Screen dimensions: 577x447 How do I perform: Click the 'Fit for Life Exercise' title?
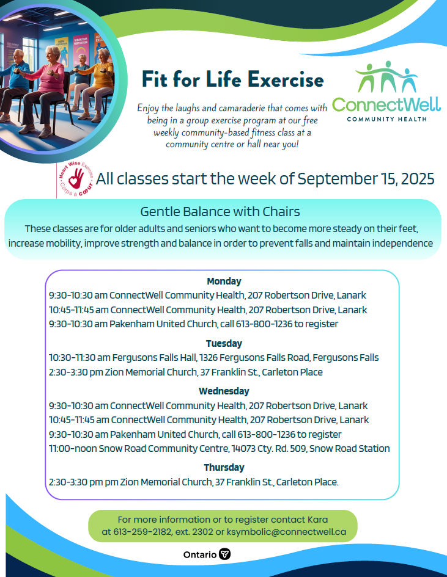232,79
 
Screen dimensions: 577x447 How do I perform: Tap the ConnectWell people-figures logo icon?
386,76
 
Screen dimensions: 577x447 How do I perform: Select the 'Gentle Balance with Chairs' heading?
220,212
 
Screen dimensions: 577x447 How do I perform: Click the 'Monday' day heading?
224,281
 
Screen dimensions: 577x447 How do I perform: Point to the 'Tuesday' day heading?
224,344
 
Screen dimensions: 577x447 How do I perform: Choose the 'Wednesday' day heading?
224,391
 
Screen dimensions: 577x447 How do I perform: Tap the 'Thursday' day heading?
224,468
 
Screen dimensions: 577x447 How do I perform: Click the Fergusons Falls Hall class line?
214,358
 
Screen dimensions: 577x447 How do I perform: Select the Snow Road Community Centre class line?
220,449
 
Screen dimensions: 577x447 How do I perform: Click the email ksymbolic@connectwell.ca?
287,532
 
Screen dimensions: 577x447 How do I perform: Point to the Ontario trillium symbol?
225,554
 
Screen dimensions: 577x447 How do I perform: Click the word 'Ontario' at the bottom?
199,554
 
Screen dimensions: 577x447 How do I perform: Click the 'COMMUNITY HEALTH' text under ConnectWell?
386,118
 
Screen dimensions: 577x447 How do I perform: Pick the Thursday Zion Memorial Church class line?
194,482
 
